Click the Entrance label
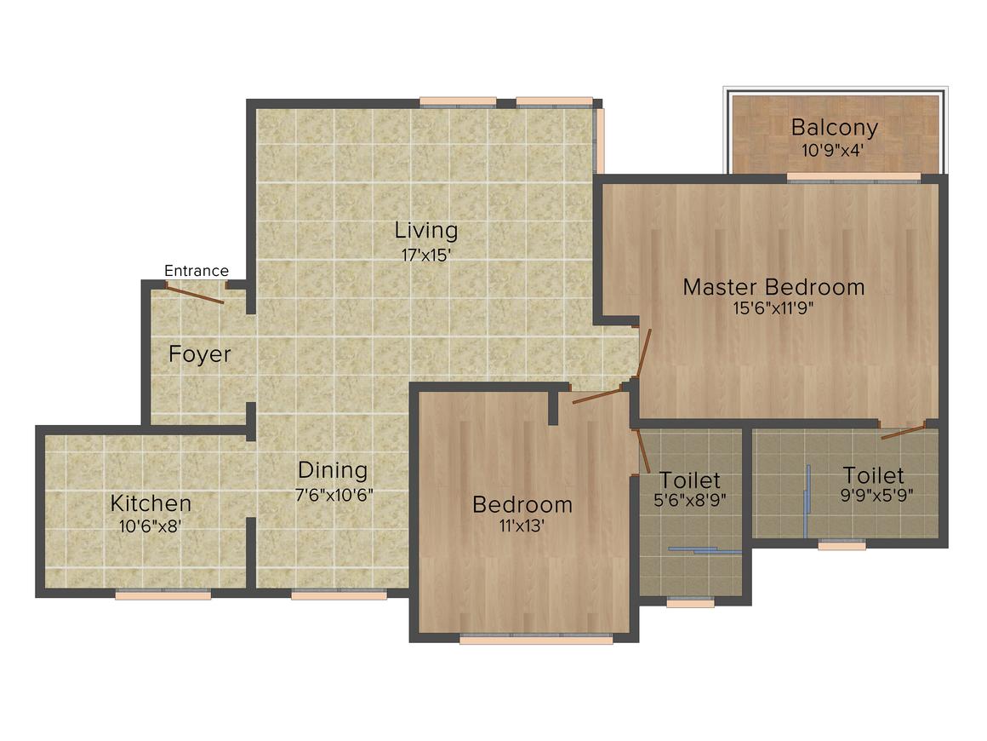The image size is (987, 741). click(x=196, y=271)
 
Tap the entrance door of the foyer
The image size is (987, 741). click(x=195, y=295)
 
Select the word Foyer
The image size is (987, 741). click(x=200, y=354)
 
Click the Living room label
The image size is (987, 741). click(x=426, y=230)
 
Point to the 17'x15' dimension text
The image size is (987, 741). click(x=426, y=254)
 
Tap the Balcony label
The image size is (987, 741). click(x=834, y=128)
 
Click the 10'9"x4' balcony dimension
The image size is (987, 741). click(x=834, y=149)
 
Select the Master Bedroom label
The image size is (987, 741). click(x=773, y=287)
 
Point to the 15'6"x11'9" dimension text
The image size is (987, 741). click(x=773, y=308)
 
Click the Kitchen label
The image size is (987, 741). click(x=151, y=503)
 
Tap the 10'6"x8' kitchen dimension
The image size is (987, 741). click(x=151, y=526)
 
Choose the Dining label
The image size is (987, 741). click(x=333, y=470)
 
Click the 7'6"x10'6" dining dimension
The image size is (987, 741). click(x=334, y=493)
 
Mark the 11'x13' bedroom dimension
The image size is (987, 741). click(x=522, y=526)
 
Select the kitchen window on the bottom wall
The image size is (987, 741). click(x=163, y=595)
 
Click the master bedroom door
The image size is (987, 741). click(x=644, y=353)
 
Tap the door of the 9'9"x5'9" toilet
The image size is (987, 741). click(x=903, y=431)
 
